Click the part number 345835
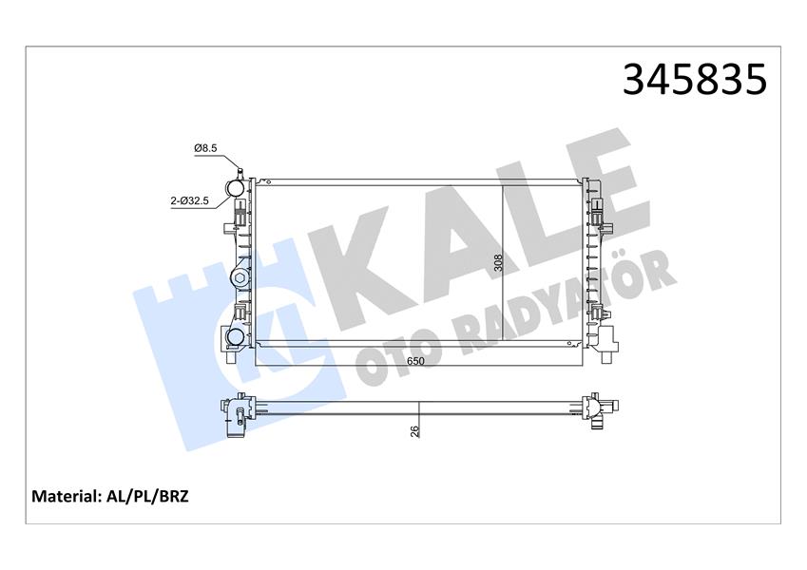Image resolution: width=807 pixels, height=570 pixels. pyautogui.click(x=693, y=80)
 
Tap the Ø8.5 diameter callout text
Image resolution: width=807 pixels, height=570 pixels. pyautogui.click(x=206, y=148)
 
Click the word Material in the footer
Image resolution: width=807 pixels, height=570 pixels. pyautogui.click(x=67, y=496)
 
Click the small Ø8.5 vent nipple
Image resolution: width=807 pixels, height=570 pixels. pyautogui.click(x=240, y=172)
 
